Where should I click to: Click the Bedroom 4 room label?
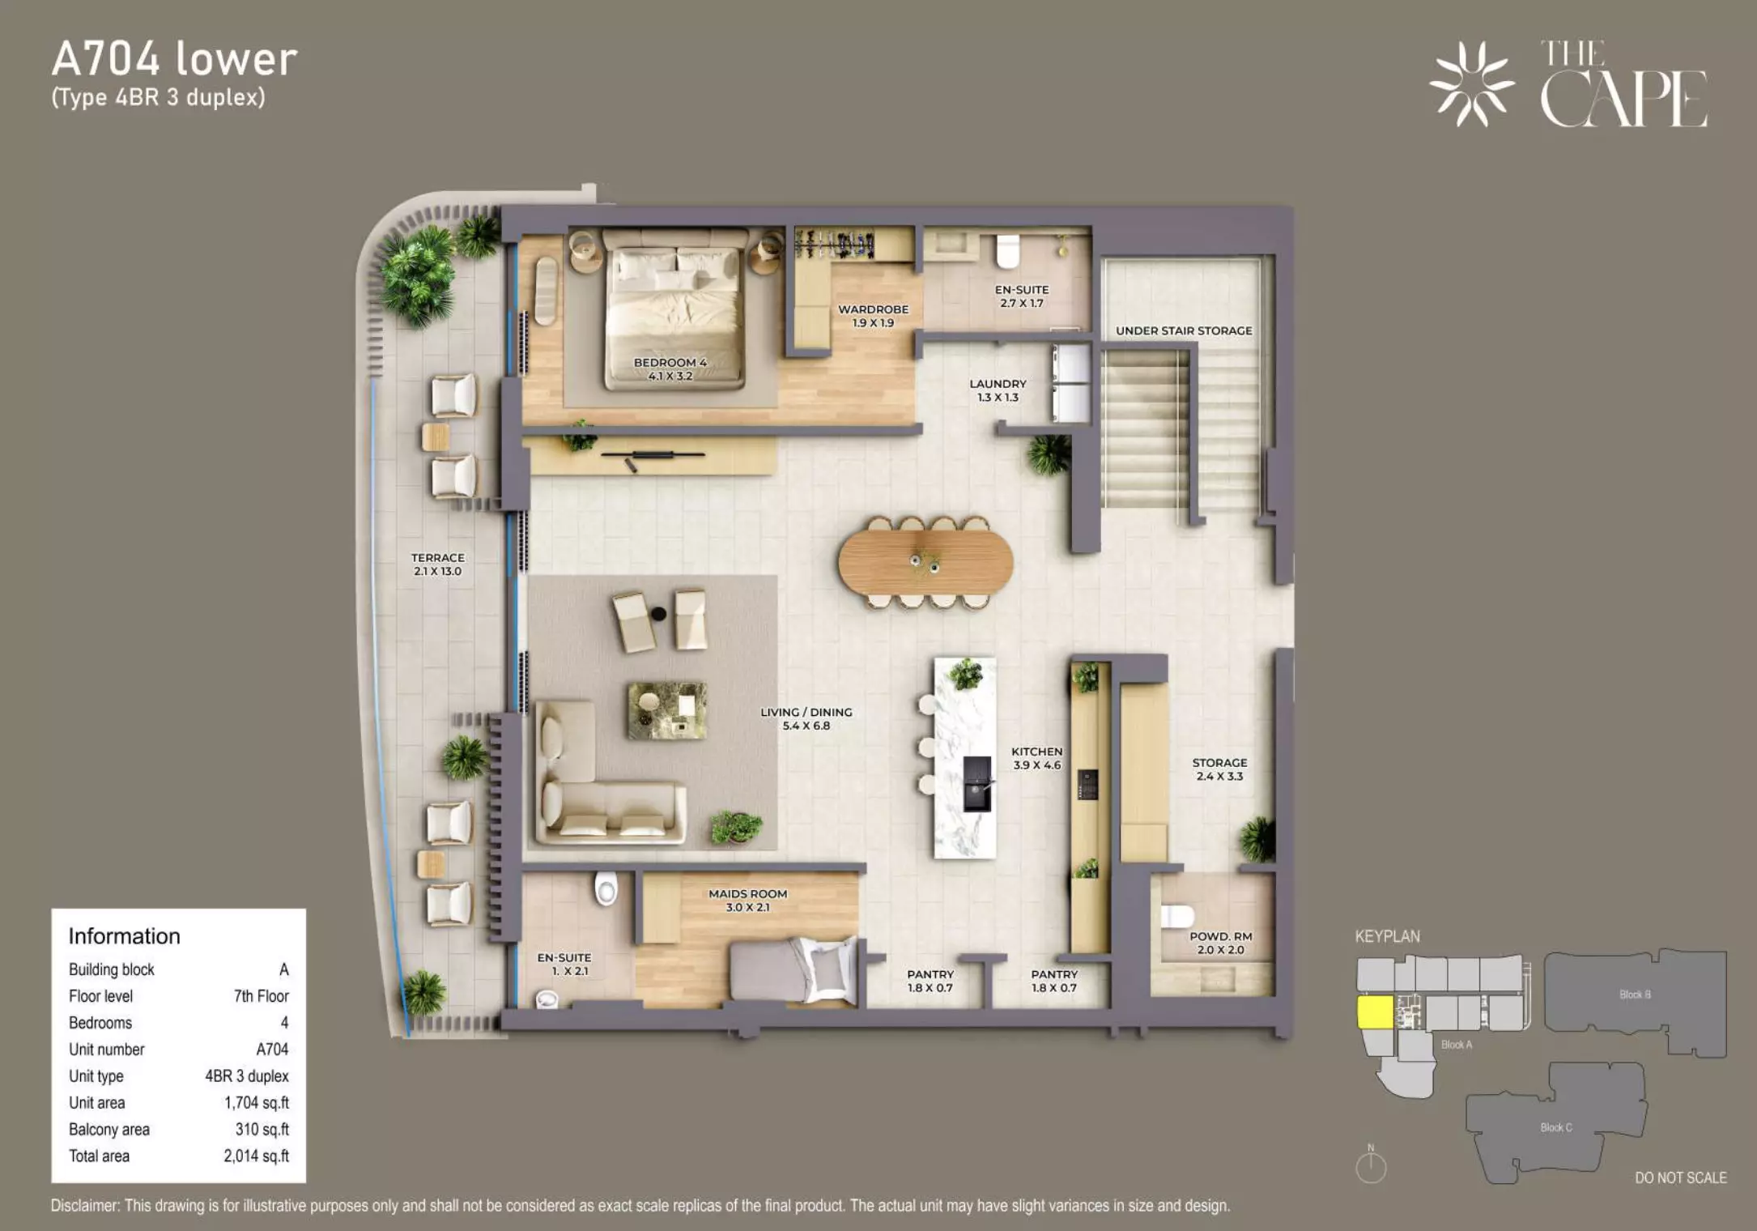click(670, 369)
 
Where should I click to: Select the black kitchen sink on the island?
click(977, 783)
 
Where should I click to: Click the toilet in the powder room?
click(1177, 917)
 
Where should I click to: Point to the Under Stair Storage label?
click(1184, 330)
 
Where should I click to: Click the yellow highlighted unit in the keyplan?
click(1375, 1012)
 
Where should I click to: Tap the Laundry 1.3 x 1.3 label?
click(998, 390)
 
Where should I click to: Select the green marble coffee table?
click(667, 710)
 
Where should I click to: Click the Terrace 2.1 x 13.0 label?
click(437, 564)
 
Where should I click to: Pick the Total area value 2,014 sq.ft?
click(256, 1156)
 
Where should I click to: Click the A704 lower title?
click(175, 59)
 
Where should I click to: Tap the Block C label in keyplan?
click(1556, 1127)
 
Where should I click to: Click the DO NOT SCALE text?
click(1681, 1178)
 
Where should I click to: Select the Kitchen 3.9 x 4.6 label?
click(1036, 758)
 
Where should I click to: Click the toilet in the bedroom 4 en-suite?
click(1008, 251)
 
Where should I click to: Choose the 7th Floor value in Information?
click(261, 996)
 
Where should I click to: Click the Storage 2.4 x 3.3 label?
click(1219, 769)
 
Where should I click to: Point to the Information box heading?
click(124, 936)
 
